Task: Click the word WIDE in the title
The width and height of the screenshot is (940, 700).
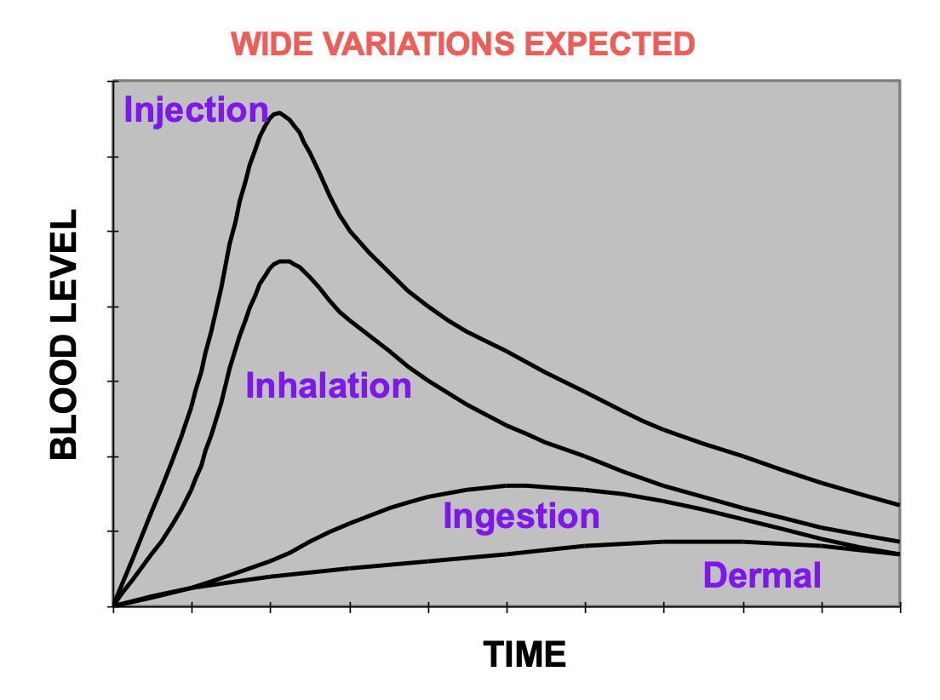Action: point(270,44)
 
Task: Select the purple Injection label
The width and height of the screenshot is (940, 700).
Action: point(196,110)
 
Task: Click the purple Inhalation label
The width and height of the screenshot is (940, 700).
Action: point(329,386)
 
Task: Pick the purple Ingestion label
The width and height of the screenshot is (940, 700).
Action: point(521,517)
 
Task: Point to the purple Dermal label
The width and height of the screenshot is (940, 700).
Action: point(761,576)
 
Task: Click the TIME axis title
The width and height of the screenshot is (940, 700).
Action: point(524,654)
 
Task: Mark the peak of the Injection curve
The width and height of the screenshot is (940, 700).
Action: point(278,112)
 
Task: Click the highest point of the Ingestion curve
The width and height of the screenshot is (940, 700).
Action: point(515,485)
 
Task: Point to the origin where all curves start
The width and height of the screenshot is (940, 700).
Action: point(114,605)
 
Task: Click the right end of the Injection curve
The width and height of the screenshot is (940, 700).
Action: point(899,505)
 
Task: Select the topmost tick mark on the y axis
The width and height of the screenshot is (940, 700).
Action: point(111,82)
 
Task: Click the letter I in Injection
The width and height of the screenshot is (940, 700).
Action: point(128,110)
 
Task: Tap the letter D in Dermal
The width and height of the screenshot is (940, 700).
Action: point(714,576)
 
